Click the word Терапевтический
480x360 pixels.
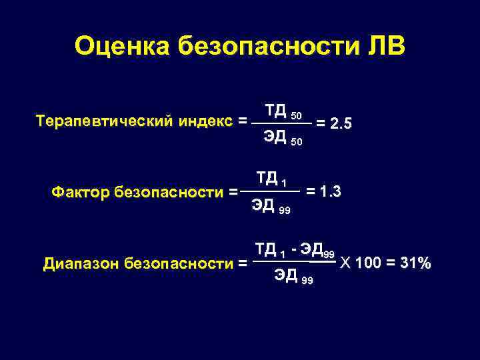point(103,122)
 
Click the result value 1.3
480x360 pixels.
point(331,192)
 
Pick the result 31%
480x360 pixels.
point(413,263)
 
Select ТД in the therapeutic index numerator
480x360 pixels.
point(275,109)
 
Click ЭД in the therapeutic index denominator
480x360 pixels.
point(275,137)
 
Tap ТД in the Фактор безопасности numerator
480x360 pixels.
point(267,178)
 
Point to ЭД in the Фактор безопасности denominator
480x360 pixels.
point(263,206)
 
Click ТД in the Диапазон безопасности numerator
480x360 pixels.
point(265,249)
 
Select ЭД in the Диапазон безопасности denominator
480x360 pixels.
point(285,276)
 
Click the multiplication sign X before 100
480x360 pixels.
point(344,263)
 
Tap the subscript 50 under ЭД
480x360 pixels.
point(297,141)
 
